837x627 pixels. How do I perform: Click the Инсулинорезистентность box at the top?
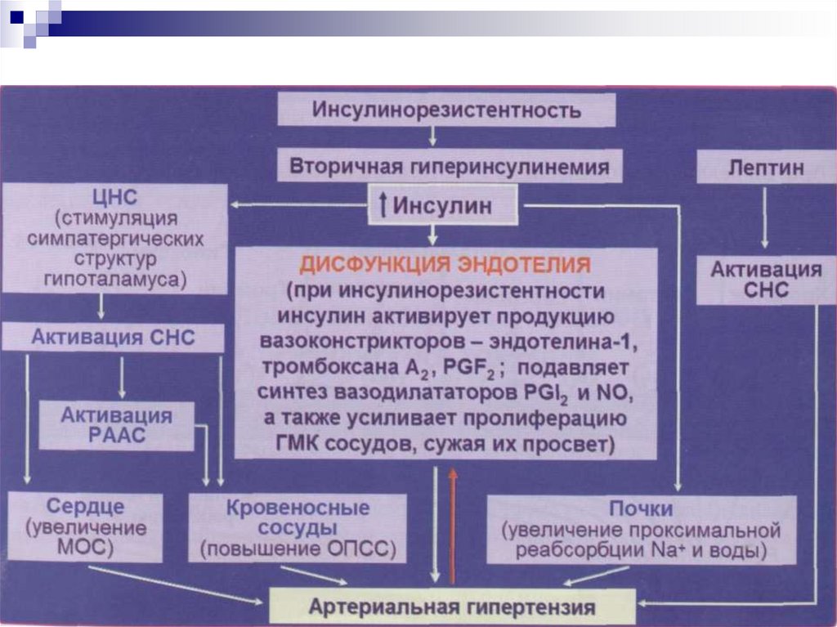446,110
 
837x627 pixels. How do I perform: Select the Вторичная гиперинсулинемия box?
449,167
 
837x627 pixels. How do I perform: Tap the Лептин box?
765,168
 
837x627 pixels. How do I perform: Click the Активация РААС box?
116,425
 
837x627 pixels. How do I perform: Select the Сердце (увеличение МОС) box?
85,526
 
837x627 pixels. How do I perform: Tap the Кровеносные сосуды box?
298,528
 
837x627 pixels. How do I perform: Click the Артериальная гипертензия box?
452,607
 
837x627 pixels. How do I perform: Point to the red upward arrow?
451,523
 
